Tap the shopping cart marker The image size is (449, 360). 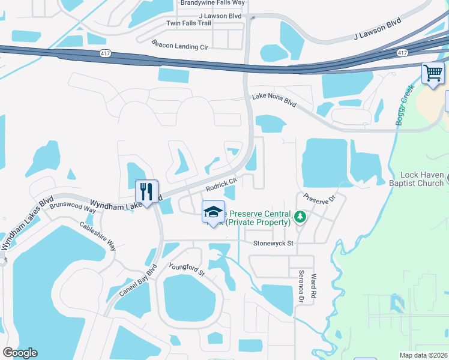coord(432,74)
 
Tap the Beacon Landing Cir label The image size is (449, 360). coord(179,45)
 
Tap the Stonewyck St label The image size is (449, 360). coord(273,244)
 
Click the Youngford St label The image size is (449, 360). coord(187,270)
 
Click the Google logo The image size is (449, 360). coord(20,353)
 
